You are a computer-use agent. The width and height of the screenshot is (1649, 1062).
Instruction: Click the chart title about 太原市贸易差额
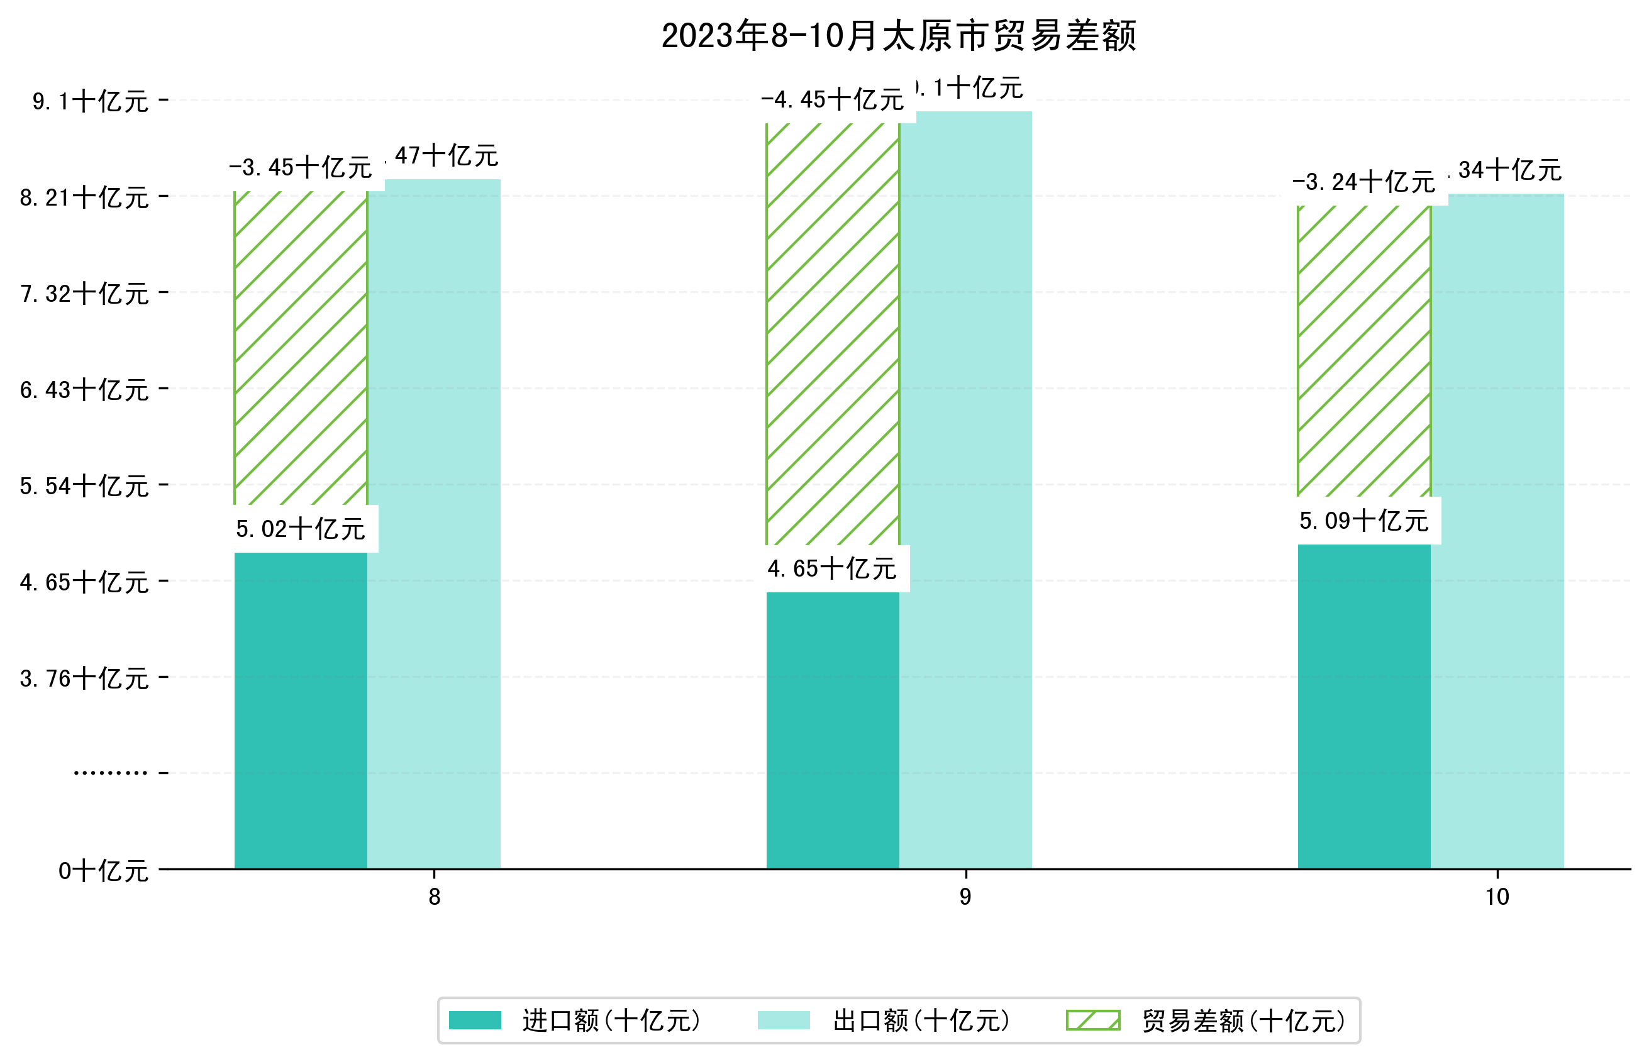point(898,36)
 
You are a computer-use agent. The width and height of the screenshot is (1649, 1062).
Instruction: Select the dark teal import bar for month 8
point(301,711)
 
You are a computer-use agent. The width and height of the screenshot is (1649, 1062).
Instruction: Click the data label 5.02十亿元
point(301,529)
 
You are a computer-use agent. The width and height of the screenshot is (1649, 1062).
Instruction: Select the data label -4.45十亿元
point(833,100)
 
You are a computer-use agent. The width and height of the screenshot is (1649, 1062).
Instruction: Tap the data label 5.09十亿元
point(1363,521)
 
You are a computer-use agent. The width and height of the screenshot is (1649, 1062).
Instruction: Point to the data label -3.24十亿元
point(1363,182)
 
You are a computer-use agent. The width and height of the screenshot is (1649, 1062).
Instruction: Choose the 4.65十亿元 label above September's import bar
point(833,569)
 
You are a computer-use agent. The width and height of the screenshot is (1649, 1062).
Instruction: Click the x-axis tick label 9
point(965,897)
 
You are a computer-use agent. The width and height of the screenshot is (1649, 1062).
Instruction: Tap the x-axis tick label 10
point(1497,897)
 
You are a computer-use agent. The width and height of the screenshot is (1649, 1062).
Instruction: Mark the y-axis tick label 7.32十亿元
point(84,294)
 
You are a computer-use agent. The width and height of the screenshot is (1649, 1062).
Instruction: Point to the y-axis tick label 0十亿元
point(103,871)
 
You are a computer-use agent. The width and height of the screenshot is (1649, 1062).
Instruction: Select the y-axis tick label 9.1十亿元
point(91,101)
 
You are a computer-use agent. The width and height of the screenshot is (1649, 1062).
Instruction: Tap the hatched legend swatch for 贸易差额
point(1093,1021)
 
